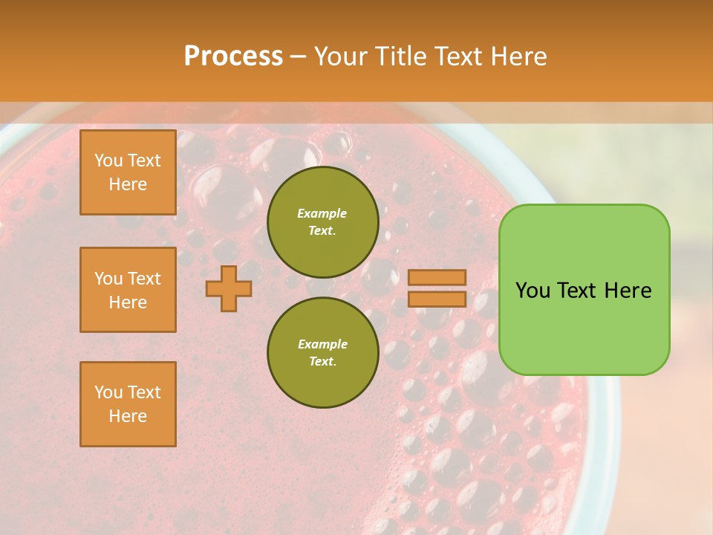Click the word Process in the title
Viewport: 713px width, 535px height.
(233, 56)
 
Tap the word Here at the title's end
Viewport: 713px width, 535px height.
(515, 56)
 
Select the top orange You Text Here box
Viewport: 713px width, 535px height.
(128, 172)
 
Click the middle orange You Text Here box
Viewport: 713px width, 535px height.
(128, 290)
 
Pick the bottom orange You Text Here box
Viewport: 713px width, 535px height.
(128, 404)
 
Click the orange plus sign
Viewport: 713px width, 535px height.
(229, 288)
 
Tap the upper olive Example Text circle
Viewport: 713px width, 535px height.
(322, 222)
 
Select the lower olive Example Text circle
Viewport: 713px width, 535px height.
(322, 353)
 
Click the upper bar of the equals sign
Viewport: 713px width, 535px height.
(437, 278)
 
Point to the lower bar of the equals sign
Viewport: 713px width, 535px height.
(437, 299)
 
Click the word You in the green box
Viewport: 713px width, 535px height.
(533, 291)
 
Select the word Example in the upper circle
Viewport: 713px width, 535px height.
(322, 213)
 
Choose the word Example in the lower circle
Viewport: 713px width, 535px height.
(322, 344)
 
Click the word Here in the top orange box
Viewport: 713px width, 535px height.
(128, 184)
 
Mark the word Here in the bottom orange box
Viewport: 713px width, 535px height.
(128, 416)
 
